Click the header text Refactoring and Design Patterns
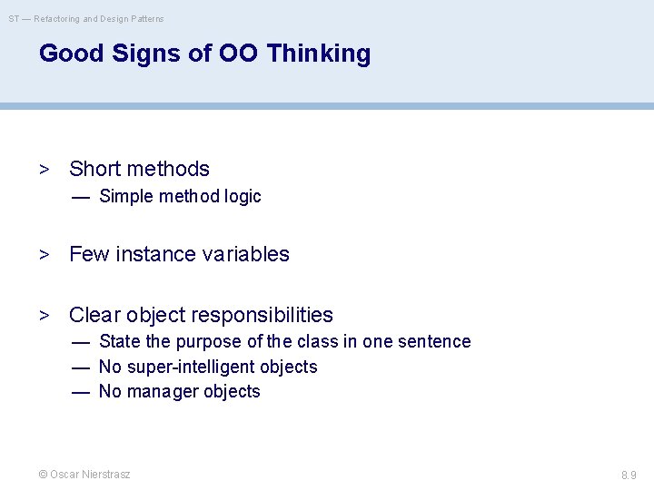[x=99, y=18]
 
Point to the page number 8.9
[x=629, y=475]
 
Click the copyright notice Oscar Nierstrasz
[x=84, y=475]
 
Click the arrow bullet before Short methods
[x=44, y=170]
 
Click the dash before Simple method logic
[x=81, y=197]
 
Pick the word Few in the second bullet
[x=88, y=254]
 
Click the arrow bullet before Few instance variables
[x=44, y=255]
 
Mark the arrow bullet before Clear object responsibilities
[x=44, y=316]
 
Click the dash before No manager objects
[x=81, y=392]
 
